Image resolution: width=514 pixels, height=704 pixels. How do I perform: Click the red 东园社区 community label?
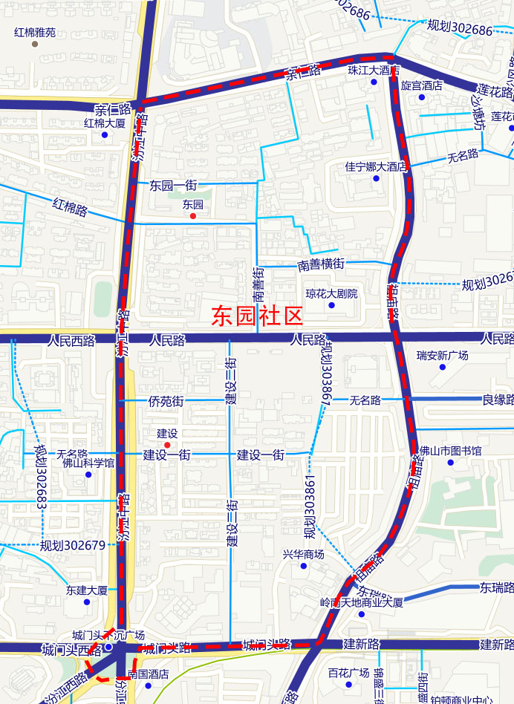(x=258, y=317)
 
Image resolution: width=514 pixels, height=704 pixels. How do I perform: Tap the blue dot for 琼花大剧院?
(x=331, y=305)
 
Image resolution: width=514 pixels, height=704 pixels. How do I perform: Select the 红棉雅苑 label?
(x=34, y=33)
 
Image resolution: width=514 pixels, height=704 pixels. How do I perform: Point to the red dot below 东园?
(x=193, y=216)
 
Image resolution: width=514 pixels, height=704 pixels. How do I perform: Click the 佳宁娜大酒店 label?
(x=376, y=166)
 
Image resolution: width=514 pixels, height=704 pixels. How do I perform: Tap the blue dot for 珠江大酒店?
(x=374, y=82)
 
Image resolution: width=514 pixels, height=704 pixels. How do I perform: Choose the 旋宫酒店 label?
(x=421, y=86)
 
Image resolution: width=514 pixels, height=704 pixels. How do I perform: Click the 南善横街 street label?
(x=321, y=264)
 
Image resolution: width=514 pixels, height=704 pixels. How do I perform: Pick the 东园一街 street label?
(x=173, y=184)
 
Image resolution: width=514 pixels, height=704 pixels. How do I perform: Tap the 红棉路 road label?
(x=71, y=206)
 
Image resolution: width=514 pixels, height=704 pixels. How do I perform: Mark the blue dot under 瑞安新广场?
(x=443, y=367)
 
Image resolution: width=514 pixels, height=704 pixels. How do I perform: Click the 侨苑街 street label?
(x=166, y=402)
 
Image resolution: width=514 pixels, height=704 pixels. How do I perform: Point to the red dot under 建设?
(x=167, y=444)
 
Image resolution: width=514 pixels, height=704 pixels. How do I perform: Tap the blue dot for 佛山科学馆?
(x=88, y=475)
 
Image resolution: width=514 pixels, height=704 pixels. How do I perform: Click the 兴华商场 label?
(x=303, y=554)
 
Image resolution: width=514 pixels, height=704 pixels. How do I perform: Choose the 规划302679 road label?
(x=73, y=546)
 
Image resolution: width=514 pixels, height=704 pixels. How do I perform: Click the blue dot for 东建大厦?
(x=87, y=602)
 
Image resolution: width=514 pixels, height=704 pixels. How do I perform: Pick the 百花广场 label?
(x=348, y=673)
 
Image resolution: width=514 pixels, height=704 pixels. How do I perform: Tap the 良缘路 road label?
(x=498, y=400)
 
